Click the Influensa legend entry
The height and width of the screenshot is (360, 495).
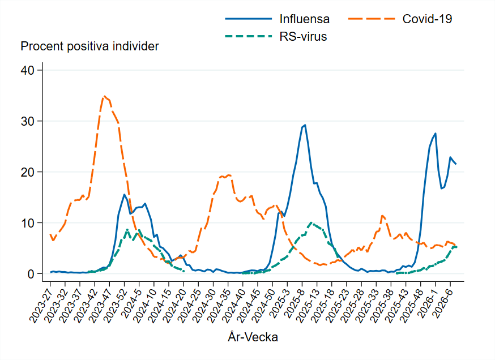coord(304,19)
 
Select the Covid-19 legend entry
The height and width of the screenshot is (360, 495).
coord(427,19)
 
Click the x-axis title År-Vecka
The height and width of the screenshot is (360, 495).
coord(253,337)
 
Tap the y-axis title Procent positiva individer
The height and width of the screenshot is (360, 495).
coord(89,46)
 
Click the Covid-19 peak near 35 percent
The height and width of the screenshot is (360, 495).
coord(104,96)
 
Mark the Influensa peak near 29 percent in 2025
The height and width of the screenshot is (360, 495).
coord(305,125)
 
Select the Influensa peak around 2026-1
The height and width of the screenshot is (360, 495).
coord(436,134)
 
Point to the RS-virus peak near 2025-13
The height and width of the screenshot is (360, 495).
coord(311,222)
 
